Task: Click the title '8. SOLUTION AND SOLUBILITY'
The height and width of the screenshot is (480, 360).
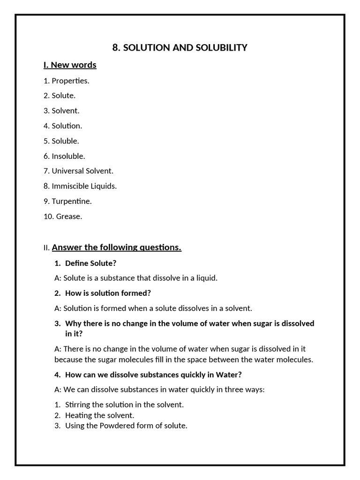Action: click(180, 47)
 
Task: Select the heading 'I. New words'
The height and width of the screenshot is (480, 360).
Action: click(70, 65)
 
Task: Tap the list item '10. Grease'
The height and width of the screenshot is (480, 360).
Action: click(63, 217)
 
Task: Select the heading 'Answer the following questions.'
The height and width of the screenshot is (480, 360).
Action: click(116, 247)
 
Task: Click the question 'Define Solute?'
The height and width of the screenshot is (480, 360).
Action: click(90, 263)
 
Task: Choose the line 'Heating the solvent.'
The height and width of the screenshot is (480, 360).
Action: click(99, 415)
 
